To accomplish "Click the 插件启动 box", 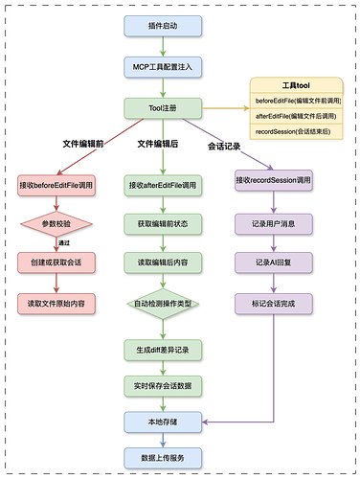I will pyautogui.click(x=162, y=25).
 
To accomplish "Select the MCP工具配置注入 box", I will pyautogui.click(x=162, y=66).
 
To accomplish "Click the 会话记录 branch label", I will pyautogui.click(x=226, y=147).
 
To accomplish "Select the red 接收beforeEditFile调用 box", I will pyautogui.click(x=56, y=183).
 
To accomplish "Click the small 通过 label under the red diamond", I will pyautogui.click(x=66, y=243).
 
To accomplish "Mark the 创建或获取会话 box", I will pyautogui.click(x=56, y=262).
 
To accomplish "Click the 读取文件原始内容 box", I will pyautogui.click(x=56, y=303).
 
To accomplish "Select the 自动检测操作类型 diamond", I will pyautogui.click(x=162, y=304).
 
